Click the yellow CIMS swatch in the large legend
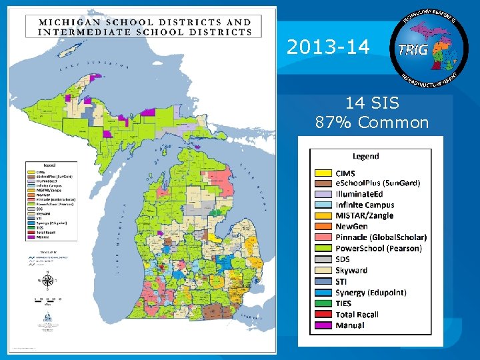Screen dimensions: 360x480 pos(323,173)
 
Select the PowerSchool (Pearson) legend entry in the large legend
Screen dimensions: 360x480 pos(378,249)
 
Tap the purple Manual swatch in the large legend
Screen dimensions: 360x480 pos(323,325)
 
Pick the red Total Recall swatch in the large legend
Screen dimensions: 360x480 pos(323,315)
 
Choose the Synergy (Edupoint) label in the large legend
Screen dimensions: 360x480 pos(371,293)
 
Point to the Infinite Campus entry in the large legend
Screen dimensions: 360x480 pos(365,205)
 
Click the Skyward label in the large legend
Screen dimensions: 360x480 pos(351,271)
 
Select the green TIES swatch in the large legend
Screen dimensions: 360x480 pos(323,303)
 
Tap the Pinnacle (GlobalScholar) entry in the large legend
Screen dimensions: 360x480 pos(381,237)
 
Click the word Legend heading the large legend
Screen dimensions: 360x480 pos(365,156)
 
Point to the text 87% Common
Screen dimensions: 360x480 pos(371,123)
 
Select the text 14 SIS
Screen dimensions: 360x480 pos(371,103)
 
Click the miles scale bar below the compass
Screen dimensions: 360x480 pos(46,301)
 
